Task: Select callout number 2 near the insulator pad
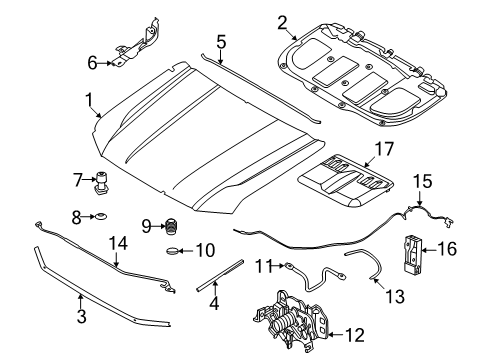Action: tap(282, 23)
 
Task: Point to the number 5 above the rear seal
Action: tap(221, 42)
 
